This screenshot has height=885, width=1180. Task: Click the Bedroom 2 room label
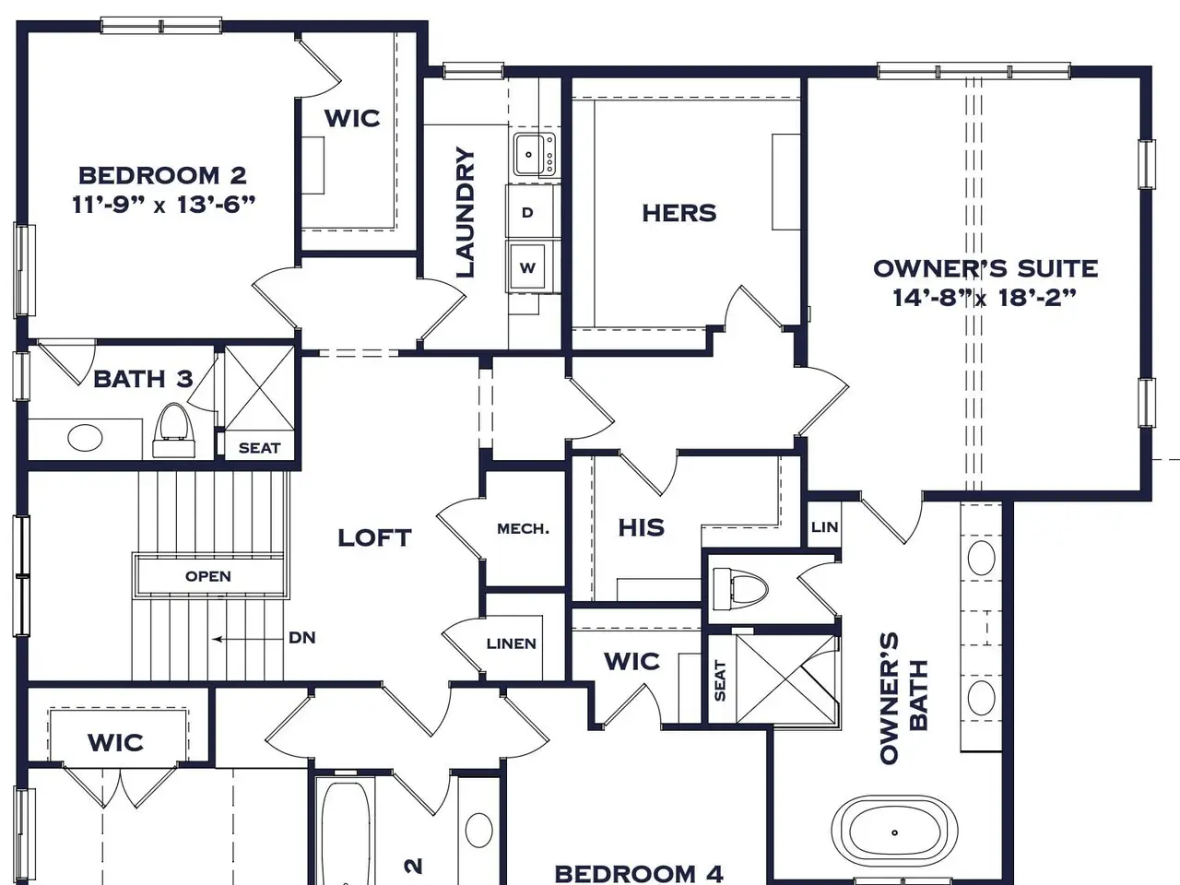point(162,176)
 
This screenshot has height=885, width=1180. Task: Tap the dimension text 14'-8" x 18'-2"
point(985,297)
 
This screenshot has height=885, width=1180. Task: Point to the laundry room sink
point(535,154)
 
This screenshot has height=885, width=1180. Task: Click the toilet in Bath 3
point(173,431)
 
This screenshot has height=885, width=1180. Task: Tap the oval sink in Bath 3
point(85,437)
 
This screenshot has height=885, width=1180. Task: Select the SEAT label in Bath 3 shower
point(260,448)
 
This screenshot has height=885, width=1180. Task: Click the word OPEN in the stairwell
point(208,576)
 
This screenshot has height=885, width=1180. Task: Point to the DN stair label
point(302,638)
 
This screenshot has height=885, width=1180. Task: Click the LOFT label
point(374,537)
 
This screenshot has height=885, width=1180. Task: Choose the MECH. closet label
point(523,529)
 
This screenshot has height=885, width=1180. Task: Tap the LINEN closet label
point(512,643)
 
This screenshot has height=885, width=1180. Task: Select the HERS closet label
point(679,213)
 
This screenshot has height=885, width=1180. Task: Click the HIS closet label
point(641,527)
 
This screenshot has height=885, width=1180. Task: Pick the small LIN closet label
point(825,527)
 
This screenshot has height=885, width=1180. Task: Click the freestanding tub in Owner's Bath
point(894,832)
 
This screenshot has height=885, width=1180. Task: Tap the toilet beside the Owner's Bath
point(739,590)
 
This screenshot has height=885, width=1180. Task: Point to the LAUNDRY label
point(466,212)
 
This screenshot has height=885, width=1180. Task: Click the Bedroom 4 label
point(639,873)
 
